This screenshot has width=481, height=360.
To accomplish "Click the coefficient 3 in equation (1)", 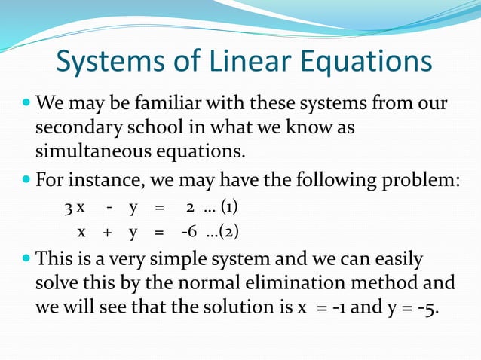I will tap(68, 206).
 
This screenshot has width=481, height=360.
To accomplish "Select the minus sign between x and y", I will tap(109, 206).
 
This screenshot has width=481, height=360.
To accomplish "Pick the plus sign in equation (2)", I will tap(108, 232).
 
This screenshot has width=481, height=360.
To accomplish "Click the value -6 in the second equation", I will tap(189, 232).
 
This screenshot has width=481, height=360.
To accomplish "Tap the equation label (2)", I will tap(229, 232).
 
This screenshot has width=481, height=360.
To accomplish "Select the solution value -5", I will tap(430, 309).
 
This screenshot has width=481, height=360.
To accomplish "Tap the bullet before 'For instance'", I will tap(26, 180).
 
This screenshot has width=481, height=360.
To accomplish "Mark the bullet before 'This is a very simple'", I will tap(26, 259).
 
